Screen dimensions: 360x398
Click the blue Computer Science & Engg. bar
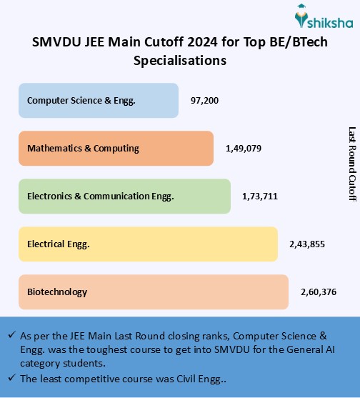click(x=99, y=101)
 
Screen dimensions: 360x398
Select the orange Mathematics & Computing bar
click(x=116, y=149)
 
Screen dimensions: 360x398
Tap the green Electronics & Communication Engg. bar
click(x=125, y=196)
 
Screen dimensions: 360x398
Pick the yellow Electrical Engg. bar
click(x=148, y=244)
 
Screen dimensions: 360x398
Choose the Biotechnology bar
click(x=154, y=292)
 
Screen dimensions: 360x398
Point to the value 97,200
click(x=204, y=101)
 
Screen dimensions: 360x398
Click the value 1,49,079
click(x=243, y=149)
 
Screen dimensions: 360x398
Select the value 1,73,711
click(x=261, y=196)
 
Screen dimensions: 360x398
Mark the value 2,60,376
click(x=319, y=292)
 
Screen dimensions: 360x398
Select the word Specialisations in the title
click(x=180, y=61)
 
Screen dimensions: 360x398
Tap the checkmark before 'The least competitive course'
click(x=11, y=378)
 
